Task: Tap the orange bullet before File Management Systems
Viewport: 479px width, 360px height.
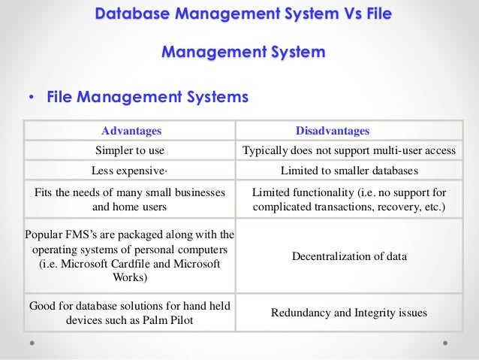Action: (x=31, y=98)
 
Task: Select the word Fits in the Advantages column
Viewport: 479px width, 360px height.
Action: (x=45, y=192)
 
